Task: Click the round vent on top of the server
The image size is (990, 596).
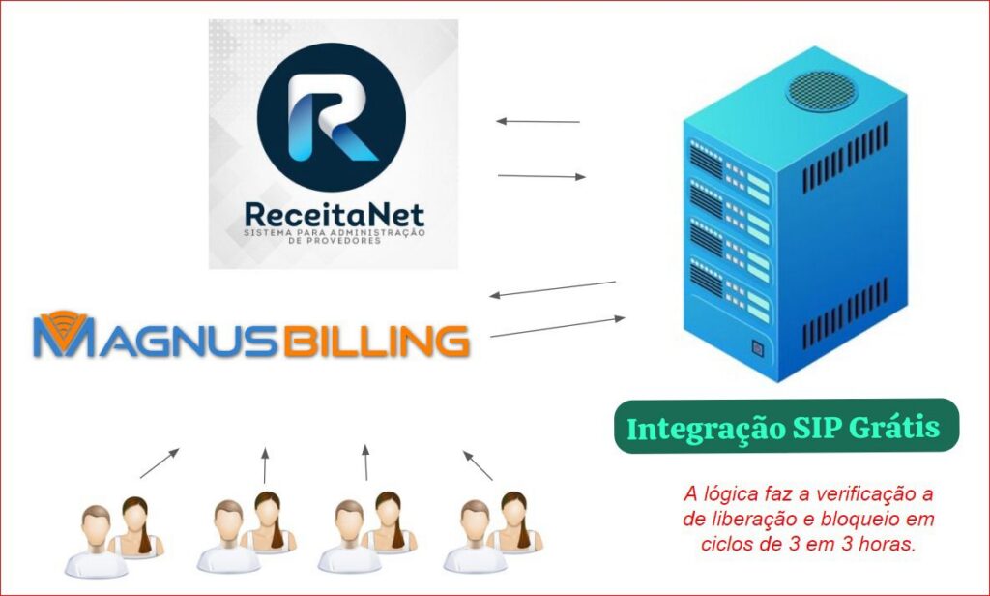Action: tap(823, 89)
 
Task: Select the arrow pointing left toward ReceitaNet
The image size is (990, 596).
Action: tap(538, 122)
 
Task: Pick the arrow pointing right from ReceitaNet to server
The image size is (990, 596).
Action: tap(541, 176)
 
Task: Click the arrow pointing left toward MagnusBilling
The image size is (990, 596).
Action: tap(552, 288)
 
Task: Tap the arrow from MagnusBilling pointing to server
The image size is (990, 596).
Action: tap(558, 327)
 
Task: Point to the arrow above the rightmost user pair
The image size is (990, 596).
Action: tap(478, 465)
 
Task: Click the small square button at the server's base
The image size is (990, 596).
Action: tap(758, 347)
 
